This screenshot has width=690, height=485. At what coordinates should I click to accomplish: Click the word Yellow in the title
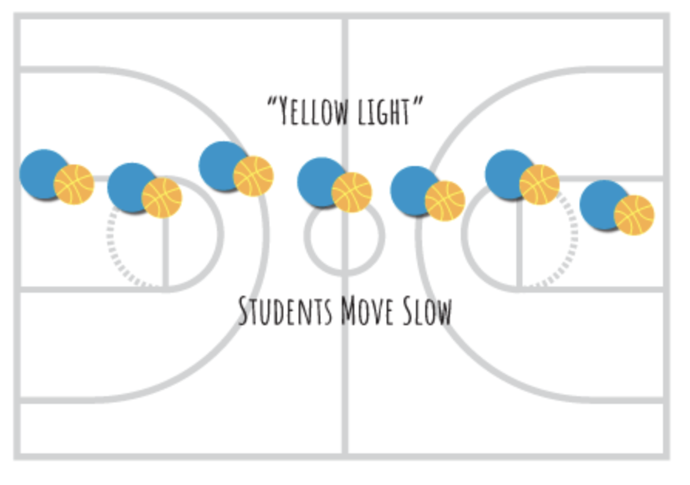(x=313, y=114)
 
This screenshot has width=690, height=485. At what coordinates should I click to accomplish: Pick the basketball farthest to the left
(x=74, y=185)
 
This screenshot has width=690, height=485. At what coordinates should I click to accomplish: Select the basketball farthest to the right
(x=634, y=215)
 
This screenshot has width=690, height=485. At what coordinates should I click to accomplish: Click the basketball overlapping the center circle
(x=352, y=192)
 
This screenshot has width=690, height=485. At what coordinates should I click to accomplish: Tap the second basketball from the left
(x=162, y=198)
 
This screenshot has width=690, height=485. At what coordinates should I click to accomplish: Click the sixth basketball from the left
(x=539, y=185)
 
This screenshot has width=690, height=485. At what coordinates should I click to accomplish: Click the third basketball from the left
(x=254, y=176)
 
